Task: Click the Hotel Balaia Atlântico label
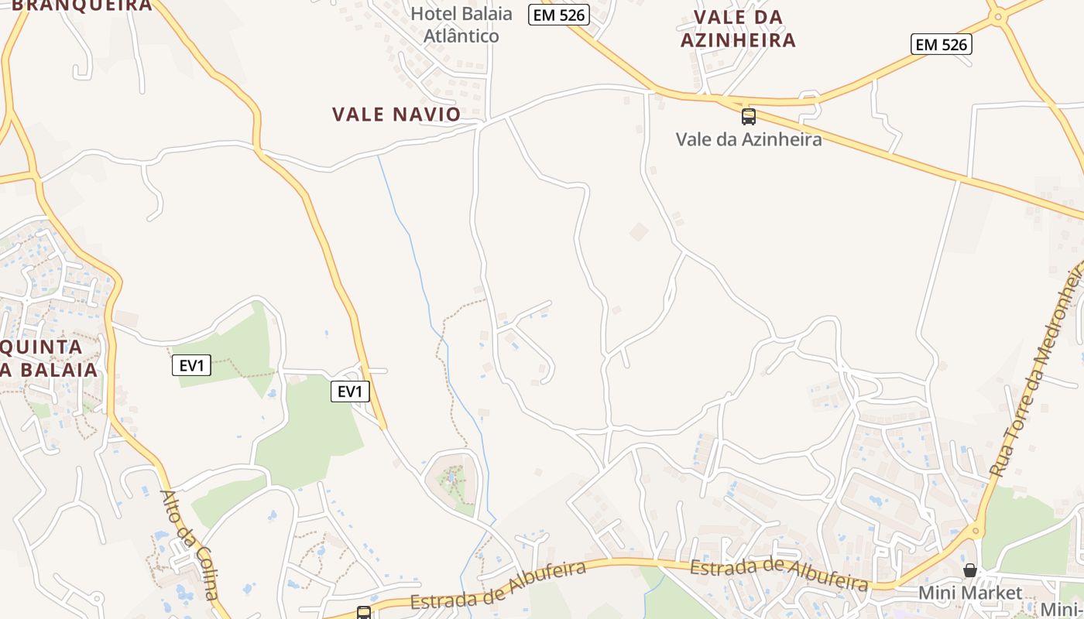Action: [461, 25]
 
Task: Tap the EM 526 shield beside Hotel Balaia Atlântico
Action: [559, 15]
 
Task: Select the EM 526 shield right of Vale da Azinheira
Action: [941, 45]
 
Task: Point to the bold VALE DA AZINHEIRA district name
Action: [738, 29]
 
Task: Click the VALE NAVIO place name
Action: [396, 115]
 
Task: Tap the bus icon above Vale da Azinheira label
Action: [749, 117]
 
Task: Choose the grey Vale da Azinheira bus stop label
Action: [749, 139]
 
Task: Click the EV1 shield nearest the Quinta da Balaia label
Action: [191, 365]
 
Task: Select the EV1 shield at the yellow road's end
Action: [350, 392]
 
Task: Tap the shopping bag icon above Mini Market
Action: [970, 570]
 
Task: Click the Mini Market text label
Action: [970, 593]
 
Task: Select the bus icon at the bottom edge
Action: [363, 613]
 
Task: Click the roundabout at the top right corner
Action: [998, 16]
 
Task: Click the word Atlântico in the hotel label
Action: [461, 36]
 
